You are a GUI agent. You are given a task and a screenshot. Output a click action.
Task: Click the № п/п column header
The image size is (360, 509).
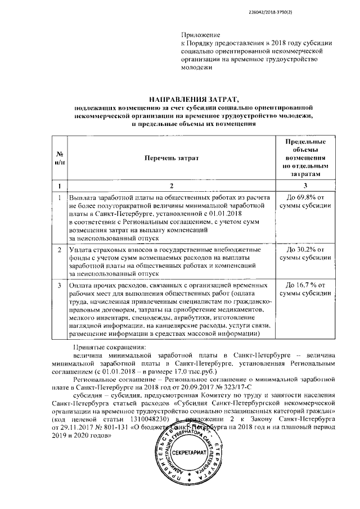[58, 158]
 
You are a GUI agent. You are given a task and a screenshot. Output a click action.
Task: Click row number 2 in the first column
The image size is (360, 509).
[58, 249]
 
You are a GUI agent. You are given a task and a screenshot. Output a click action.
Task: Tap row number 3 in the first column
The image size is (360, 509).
[58, 285]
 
